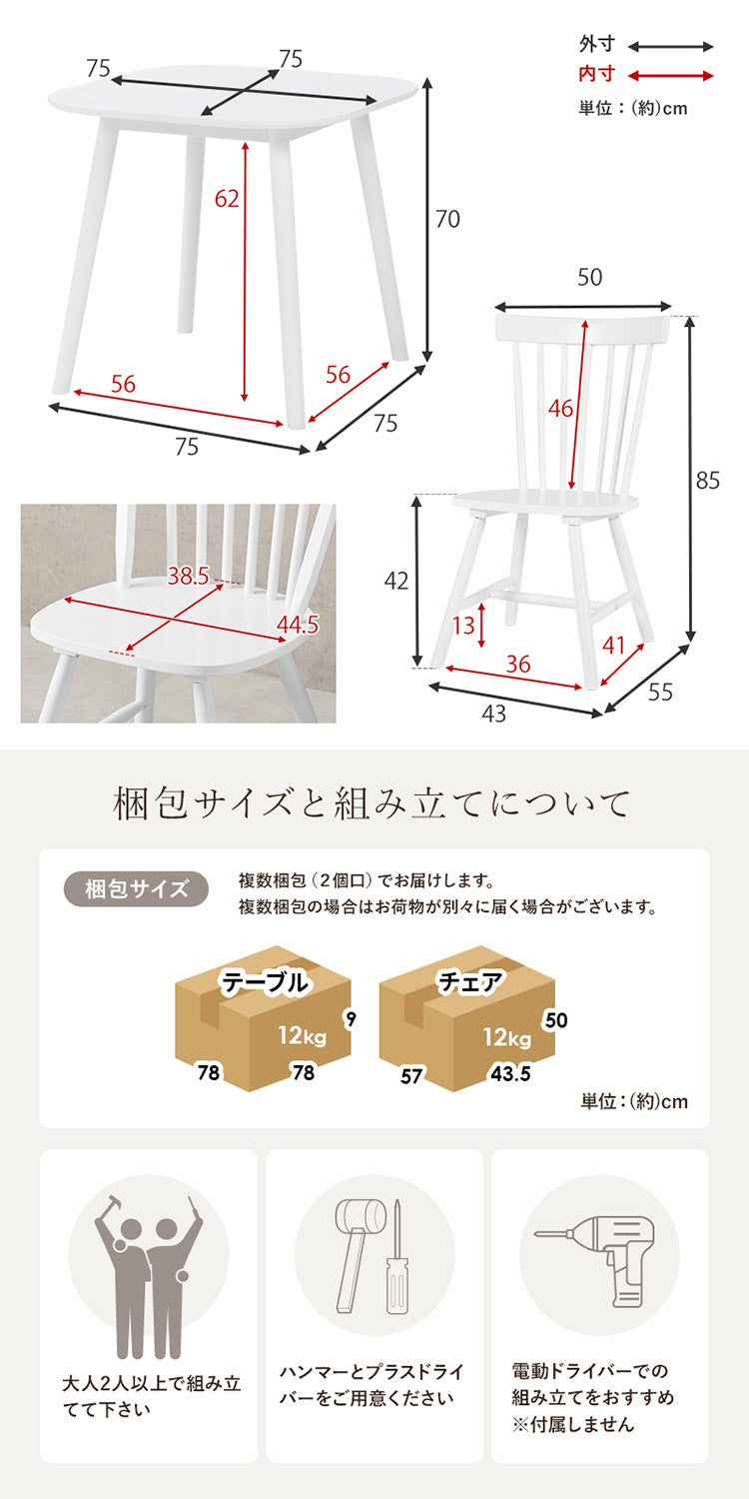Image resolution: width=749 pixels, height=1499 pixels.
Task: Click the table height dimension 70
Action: [447, 219]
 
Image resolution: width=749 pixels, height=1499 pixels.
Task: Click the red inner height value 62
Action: [228, 199]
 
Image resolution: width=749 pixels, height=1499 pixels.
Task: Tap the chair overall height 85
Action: [707, 481]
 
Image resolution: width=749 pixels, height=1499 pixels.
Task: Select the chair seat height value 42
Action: [396, 581]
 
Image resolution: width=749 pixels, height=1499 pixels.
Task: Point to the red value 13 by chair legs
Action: [462, 627]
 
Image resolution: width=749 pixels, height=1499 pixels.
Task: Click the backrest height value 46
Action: [560, 408]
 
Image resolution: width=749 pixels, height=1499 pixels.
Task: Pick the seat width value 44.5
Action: [297, 626]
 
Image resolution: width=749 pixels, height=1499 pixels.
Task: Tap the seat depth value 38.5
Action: [189, 576]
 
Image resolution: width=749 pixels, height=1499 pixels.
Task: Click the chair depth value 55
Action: [660, 692]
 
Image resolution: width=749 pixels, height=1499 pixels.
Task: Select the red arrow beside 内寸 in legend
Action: [670, 75]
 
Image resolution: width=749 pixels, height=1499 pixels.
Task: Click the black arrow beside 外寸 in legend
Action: [670, 46]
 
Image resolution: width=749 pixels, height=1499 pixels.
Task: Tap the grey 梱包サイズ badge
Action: [137, 889]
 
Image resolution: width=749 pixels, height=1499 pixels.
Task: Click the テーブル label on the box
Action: [265, 983]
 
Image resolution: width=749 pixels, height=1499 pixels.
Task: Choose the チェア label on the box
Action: [470, 983]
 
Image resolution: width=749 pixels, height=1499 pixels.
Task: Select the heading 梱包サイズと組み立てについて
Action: [374, 803]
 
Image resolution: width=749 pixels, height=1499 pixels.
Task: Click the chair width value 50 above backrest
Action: [589, 278]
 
